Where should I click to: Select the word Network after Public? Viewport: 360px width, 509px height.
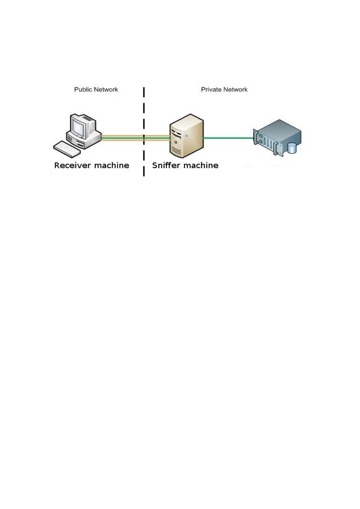[x=105, y=89]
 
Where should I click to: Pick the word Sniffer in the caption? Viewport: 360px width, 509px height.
[x=166, y=165]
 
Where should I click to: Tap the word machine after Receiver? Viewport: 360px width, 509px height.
[x=114, y=165]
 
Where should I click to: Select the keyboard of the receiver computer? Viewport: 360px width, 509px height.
[x=67, y=149]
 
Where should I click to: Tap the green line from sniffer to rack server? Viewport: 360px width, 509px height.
[x=228, y=138]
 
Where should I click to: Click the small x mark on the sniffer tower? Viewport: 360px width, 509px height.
[x=186, y=136]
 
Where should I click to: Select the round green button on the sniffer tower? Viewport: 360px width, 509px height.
[x=176, y=142]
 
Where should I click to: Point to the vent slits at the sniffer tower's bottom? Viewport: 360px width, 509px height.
[x=176, y=152]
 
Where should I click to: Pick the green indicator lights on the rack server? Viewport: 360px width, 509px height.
[x=262, y=141]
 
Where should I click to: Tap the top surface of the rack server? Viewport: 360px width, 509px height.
[x=278, y=129]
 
